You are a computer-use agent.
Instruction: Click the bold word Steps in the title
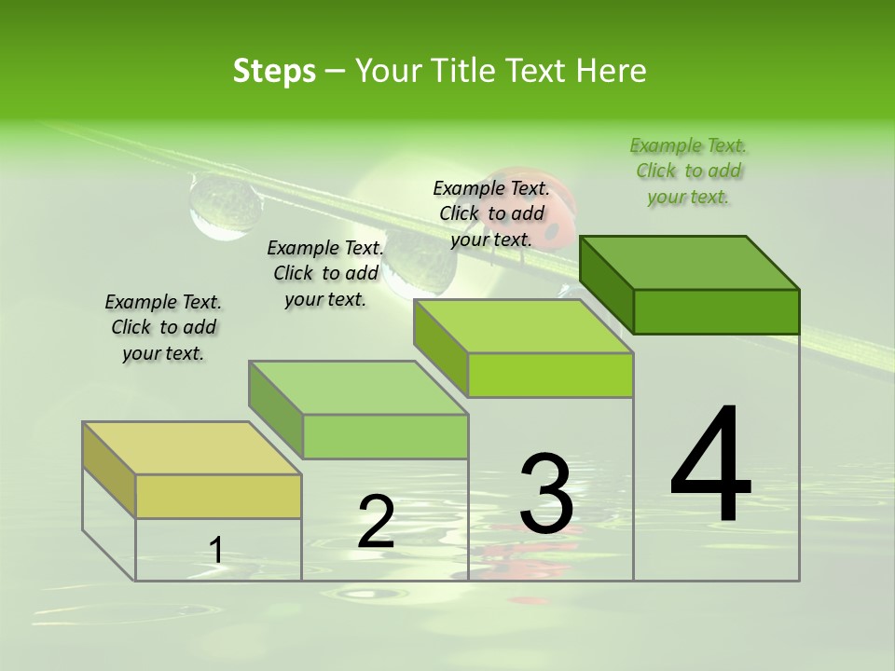point(274,71)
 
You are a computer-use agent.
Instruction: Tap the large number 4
point(710,464)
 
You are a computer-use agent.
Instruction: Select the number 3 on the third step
point(545,494)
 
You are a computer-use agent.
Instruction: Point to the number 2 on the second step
point(376,522)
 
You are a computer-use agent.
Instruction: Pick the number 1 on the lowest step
point(215,551)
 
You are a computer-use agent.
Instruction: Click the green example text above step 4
point(689,171)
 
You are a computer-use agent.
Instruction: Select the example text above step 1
point(163,327)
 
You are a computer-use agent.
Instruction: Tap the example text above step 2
point(325,273)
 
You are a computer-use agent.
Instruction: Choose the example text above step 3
point(491,213)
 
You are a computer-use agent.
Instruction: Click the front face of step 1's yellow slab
point(218,496)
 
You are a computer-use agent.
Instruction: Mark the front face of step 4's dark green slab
point(716,311)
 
